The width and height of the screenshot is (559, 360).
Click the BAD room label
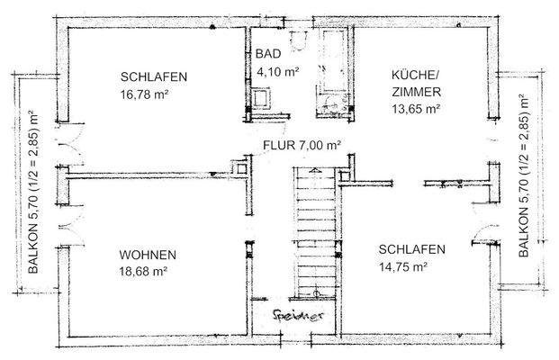click(267, 53)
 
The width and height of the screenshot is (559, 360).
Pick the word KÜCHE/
click(414, 76)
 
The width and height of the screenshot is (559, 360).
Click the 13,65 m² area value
click(415, 108)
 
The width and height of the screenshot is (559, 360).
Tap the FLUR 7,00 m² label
click(302, 145)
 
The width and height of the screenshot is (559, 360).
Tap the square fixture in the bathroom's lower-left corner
click(262, 98)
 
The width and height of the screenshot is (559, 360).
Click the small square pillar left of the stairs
click(242, 166)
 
